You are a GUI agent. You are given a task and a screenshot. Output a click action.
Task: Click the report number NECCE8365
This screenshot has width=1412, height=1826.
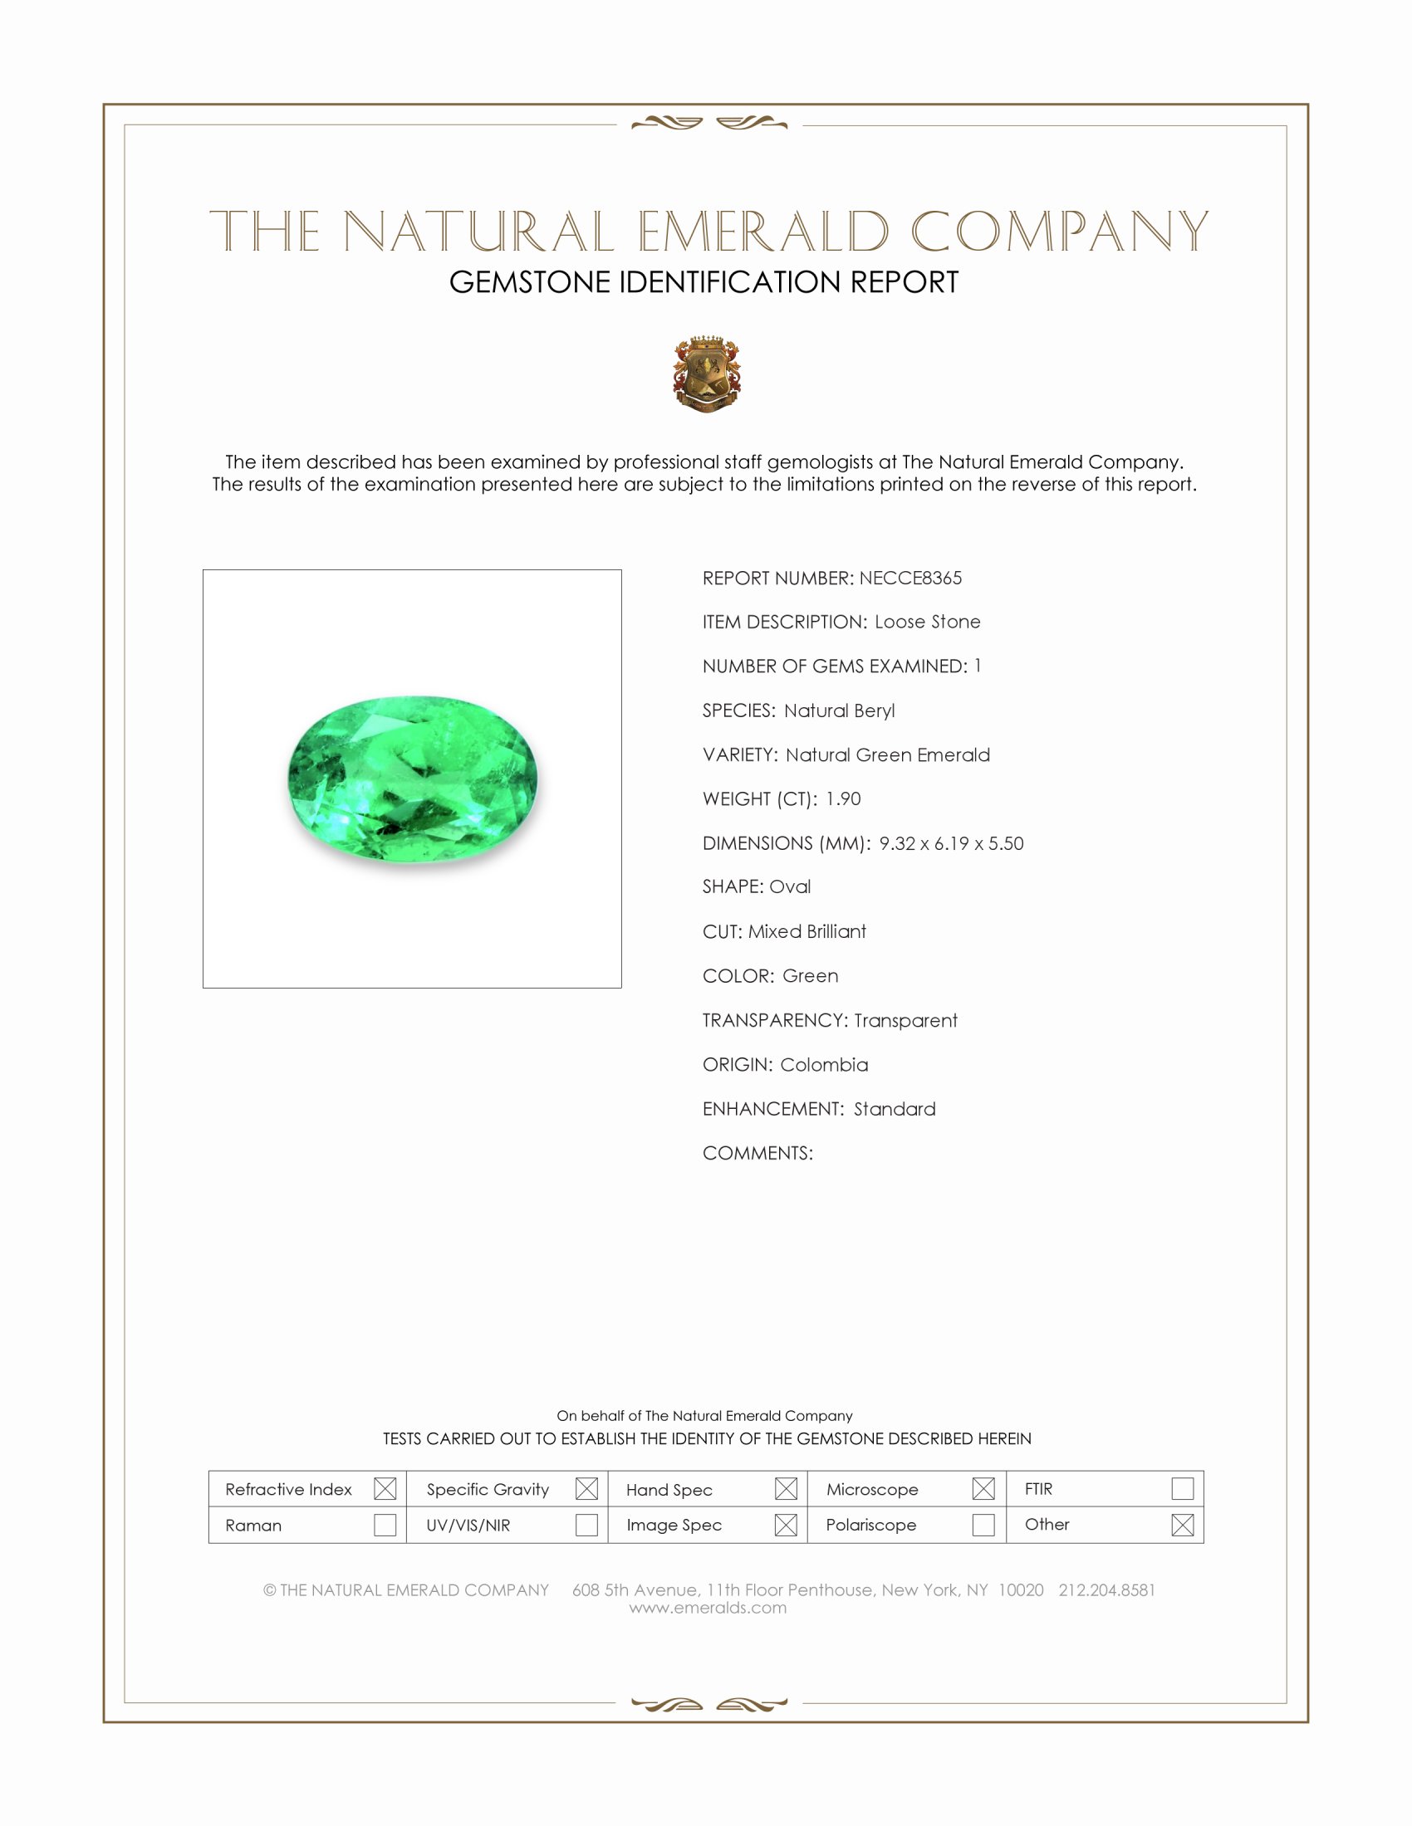[x=910, y=578]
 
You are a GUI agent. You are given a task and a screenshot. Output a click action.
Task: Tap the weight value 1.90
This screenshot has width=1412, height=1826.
[x=842, y=798]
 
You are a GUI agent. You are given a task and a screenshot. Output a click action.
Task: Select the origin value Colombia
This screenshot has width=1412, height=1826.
[x=824, y=1064]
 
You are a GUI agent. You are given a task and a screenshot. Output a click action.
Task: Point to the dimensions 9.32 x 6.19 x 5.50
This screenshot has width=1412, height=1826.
[x=951, y=842]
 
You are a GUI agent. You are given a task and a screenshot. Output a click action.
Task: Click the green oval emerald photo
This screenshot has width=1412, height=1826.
[x=413, y=778]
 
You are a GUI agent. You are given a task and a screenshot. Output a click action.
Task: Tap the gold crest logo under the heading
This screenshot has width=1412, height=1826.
[x=707, y=373]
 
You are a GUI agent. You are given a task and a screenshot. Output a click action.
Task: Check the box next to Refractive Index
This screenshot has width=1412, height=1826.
[x=385, y=1489]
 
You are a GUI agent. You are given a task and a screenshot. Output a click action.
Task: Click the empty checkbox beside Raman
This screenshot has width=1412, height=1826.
[x=385, y=1525]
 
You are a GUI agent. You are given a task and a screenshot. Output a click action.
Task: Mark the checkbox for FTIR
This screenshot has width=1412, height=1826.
[x=1182, y=1489]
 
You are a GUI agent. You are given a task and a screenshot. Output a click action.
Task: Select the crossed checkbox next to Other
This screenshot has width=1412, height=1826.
[x=1182, y=1525]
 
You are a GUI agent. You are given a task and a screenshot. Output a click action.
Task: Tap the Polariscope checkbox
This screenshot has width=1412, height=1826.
[x=983, y=1525]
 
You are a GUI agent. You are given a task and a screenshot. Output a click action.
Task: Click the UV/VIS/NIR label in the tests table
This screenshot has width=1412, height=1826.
[x=468, y=1525]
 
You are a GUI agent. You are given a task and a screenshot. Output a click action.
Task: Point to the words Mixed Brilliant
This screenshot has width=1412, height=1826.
[x=807, y=931]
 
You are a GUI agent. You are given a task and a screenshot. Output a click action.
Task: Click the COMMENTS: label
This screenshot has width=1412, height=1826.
[x=757, y=1153]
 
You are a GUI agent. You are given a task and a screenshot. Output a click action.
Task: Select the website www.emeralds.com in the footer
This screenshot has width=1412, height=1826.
[x=708, y=1608]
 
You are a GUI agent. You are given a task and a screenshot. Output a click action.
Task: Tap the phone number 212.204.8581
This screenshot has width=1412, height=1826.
[x=1106, y=1590]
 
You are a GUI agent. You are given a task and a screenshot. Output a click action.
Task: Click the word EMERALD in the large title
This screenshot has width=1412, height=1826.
[x=762, y=232]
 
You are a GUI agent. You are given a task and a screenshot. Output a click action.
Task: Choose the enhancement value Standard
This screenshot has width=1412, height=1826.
[x=895, y=1109]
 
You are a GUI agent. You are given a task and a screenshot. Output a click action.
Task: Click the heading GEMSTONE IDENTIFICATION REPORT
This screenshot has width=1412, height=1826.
[x=704, y=282]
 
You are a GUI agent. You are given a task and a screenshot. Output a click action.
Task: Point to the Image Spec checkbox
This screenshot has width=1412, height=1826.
[x=786, y=1525]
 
